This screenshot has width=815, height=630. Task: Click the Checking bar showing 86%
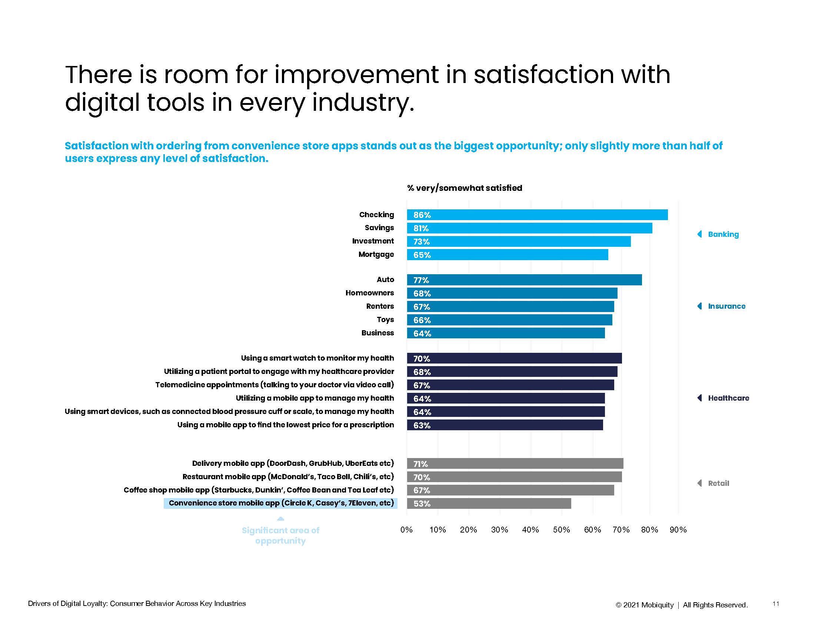[x=537, y=215]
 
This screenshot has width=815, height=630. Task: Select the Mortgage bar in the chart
[x=507, y=255]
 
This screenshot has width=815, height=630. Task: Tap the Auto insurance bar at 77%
[x=524, y=280]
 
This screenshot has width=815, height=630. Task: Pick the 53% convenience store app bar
[x=489, y=504]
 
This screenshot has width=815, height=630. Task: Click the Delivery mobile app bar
[x=515, y=464]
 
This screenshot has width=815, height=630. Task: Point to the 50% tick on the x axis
[x=561, y=530]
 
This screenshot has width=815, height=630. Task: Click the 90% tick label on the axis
[x=678, y=530]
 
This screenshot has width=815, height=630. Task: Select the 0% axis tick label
[x=406, y=530]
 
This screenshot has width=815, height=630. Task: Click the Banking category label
[x=723, y=234]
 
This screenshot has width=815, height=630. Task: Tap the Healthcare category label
[x=728, y=398]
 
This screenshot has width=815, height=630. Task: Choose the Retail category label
[x=718, y=483]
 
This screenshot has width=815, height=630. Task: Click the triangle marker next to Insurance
[x=700, y=306]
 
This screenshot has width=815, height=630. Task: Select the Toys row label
[x=385, y=319]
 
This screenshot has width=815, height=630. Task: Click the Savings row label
[x=379, y=228]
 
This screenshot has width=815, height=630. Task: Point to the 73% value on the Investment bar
[x=421, y=242]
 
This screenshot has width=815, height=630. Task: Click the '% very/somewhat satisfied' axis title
[x=465, y=188]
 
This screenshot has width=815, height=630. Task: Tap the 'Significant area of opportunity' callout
[x=280, y=535]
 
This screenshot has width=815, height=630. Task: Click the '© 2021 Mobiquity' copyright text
[x=645, y=605]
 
